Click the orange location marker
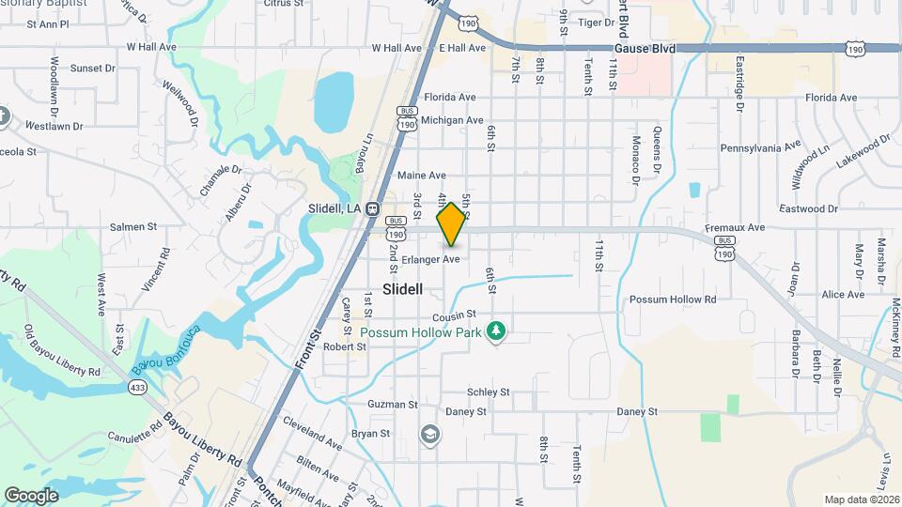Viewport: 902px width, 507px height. click(x=452, y=224)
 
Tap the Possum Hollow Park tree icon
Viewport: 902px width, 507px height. click(x=496, y=331)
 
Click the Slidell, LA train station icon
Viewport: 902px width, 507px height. click(x=373, y=208)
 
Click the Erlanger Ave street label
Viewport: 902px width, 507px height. click(x=430, y=258)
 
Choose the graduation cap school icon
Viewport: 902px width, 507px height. click(x=429, y=434)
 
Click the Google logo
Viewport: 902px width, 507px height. click(x=31, y=495)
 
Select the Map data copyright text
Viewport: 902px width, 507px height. click(x=860, y=499)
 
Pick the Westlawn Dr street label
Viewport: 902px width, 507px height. click(x=54, y=125)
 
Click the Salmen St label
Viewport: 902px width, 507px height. click(x=132, y=227)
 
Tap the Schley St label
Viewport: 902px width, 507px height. click(x=488, y=392)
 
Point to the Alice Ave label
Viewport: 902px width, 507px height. click(x=842, y=295)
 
